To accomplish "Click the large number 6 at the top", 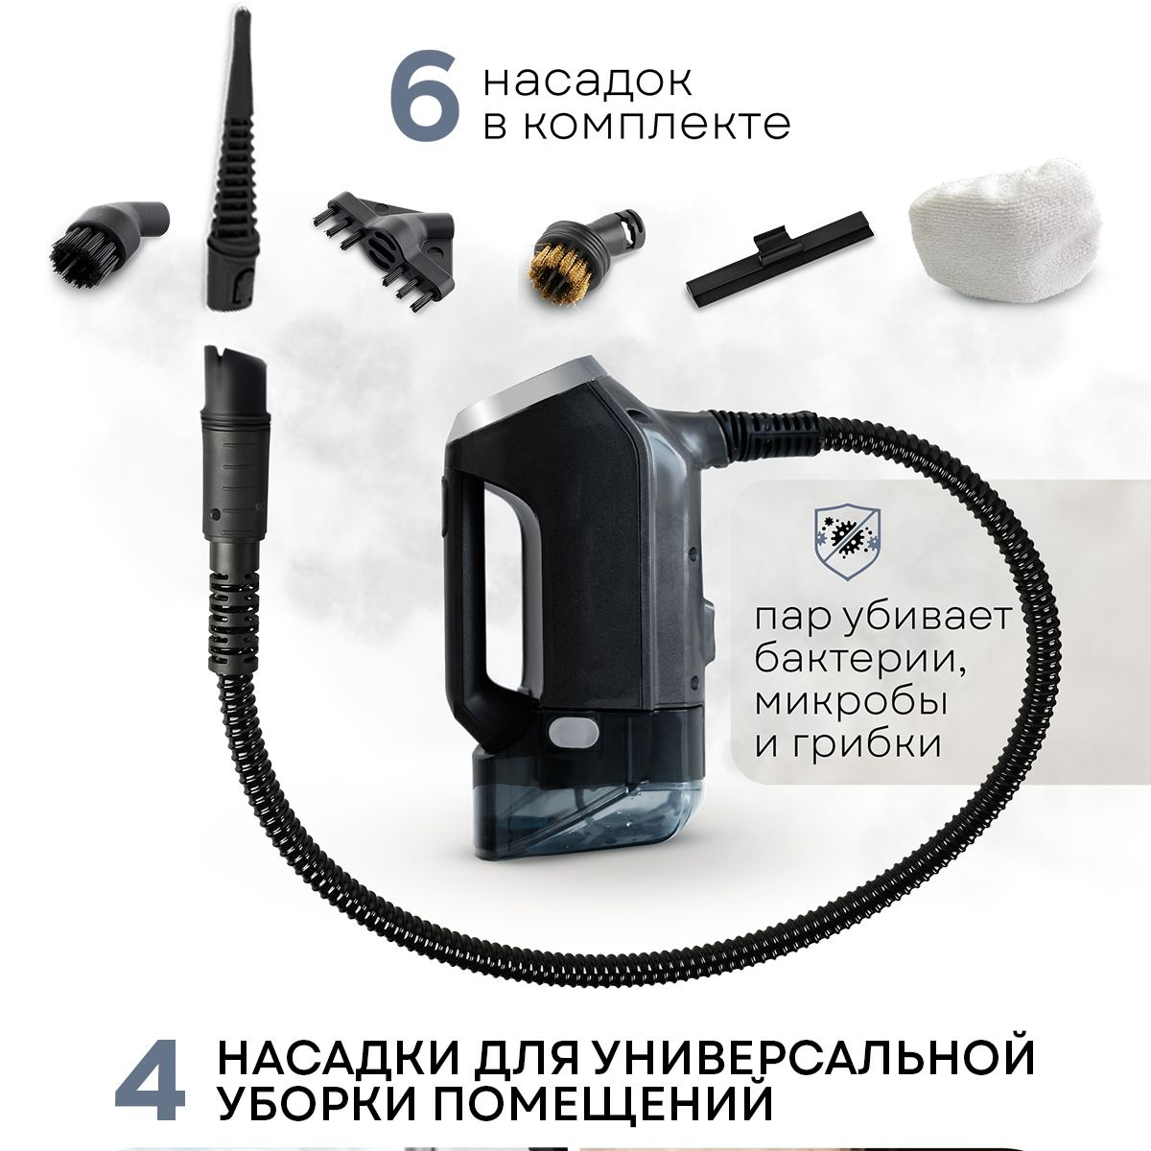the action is point(425,96).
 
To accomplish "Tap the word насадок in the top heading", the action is point(587,81).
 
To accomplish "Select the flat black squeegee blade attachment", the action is point(780,259).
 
